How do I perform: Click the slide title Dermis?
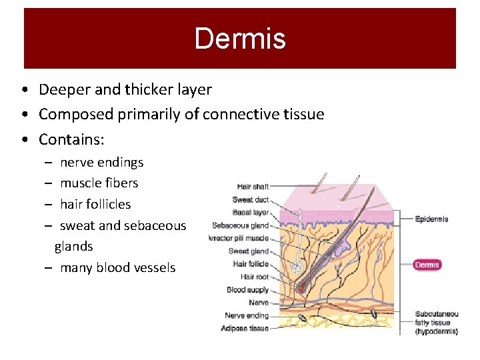[x=240, y=39]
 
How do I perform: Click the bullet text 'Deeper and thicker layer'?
[x=125, y=89]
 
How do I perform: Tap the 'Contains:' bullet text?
[x=72, y=139]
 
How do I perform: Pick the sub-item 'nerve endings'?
[x=101, y=162]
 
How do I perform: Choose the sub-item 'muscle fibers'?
[x=99, y=183]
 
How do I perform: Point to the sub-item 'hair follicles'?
[x=95, y=204]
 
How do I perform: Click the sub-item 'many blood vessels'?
[x=117, y=267]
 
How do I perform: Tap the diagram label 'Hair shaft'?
[x=253, y=187]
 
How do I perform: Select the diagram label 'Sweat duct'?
[x=251, y=199]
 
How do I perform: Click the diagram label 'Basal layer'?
[x=251, y=213]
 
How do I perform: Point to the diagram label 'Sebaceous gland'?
[x=241, y=225]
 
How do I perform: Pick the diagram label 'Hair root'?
[x=255, y=277]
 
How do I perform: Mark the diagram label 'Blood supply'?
[x=247, y=289]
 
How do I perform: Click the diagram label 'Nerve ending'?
[x=247, y=315]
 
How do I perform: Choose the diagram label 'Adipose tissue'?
[x=245, y=328]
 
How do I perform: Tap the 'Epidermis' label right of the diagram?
[x=431, y=219]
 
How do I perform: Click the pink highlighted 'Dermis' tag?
[x=427, y=265]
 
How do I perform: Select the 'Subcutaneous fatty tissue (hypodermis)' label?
[x=436, y=322]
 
